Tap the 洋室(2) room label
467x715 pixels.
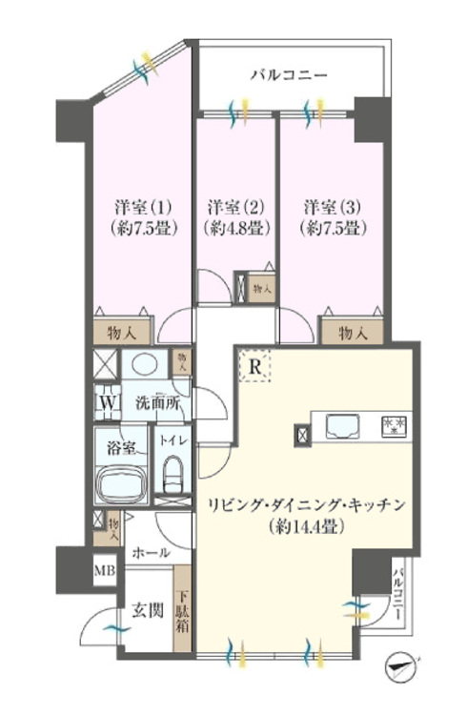(235, 206)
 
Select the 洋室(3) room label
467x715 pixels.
(332, 206)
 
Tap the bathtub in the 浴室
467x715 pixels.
(123, 484)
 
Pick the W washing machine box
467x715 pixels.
(104, 401)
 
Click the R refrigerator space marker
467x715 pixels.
(255, 365)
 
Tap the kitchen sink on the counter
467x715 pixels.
(342, 426)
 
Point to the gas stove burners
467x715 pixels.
(395, 426)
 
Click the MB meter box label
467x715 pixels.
(102, 572)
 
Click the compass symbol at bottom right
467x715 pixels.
(404, 666)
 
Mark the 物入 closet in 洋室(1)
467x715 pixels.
(124, 332)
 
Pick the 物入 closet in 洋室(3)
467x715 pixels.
(353, 332)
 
